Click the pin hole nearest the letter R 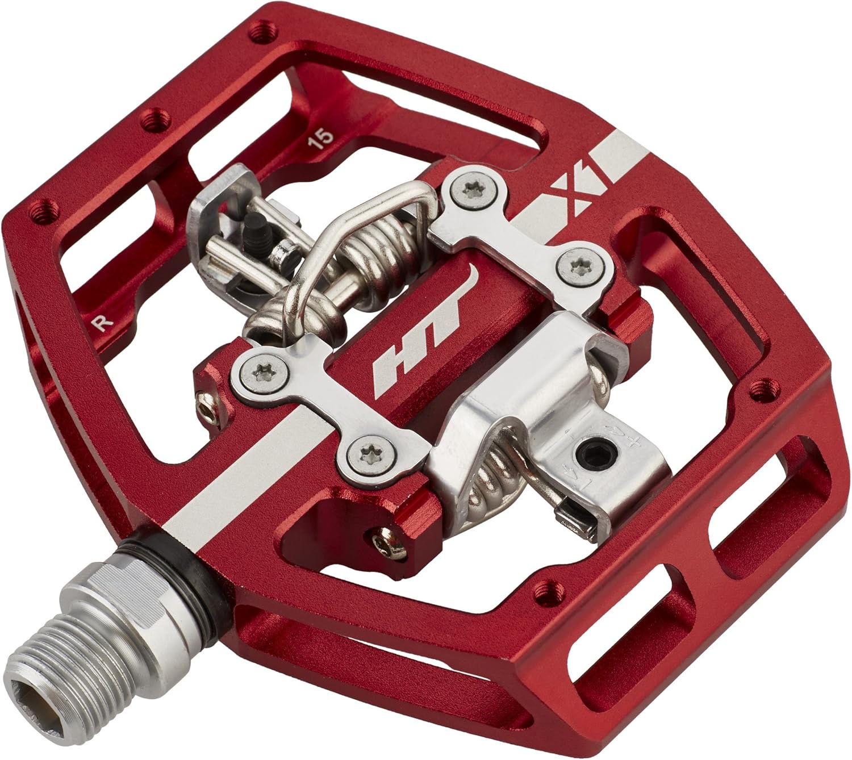(x=44, y=213)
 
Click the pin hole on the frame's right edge (x=758, y=389)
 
